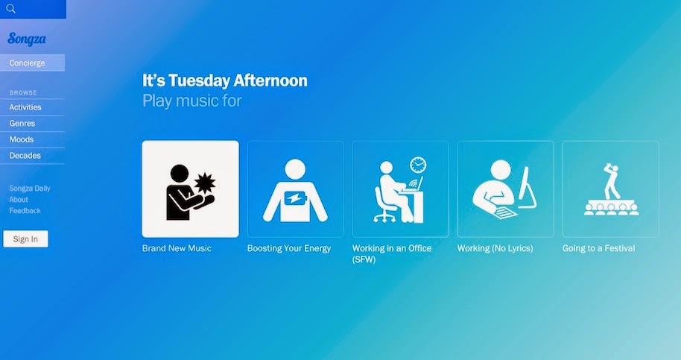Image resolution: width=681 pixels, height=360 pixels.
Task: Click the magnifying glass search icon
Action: pyautogui.click(x=11, y=9)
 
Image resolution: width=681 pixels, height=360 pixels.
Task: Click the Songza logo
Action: pyautogui.click(x=27, y=39)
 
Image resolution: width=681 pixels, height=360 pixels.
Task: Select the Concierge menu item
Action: pyautogui.click(x=27, y=63)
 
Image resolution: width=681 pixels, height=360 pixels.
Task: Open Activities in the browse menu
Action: pyautogui.click(x=25, y=107)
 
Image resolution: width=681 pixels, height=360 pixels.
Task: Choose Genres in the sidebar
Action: pyautogui.click(x=22, y=123)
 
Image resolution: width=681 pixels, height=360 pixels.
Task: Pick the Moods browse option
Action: pyautogui.click(x=22, y=139)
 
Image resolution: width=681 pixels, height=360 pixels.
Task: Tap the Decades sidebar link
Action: pyautogui.click(x=25, y=156)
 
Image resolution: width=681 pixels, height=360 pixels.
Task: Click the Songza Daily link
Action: pyautogui.click(x=30, y=189)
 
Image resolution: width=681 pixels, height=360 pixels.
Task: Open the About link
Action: pyautogui.click(x=19, y=200)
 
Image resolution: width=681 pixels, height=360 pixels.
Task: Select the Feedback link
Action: pyautogui.click(x=25, y=211)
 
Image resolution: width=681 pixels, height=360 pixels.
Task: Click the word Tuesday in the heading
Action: pyautogui.click(x=200, y=80)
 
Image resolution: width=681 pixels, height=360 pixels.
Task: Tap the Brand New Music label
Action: pyautogui.click(x=177, y=248)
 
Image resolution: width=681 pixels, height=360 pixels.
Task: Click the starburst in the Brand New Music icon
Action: pyautogui.click(x=205, y=183)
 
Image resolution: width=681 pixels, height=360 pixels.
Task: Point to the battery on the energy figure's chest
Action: pyautogui.click(x=295, y=199)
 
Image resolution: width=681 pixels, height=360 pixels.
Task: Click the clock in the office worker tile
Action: pyautogui.click(x=418, y=165)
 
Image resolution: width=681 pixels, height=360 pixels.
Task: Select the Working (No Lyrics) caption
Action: pyautogui.click(x=495, y=248)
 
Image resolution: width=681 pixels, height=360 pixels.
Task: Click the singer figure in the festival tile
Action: pyautogui.click(x=612, y=181)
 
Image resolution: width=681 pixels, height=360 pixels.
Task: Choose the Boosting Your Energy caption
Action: pyautogui.click(x=289, y=248)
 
